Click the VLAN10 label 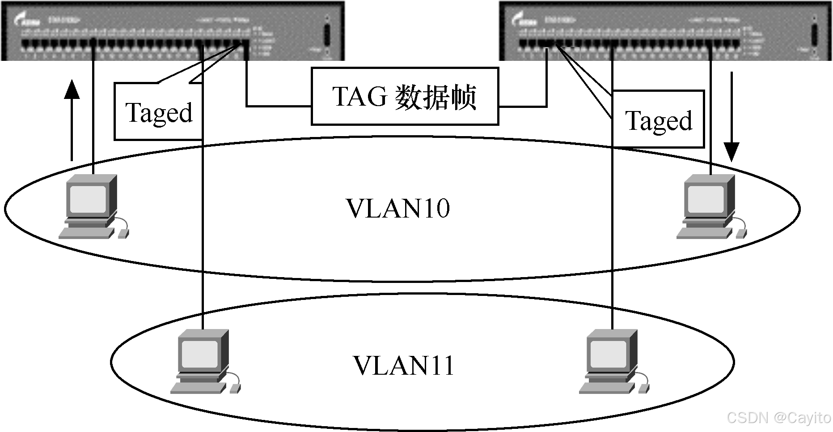398,209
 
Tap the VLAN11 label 403,366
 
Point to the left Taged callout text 159,113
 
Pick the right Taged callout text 659,121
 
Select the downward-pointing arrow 732,116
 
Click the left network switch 172,30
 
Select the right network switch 665,30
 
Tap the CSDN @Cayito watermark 778,418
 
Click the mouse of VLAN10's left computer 123,233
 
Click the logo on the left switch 27,20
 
